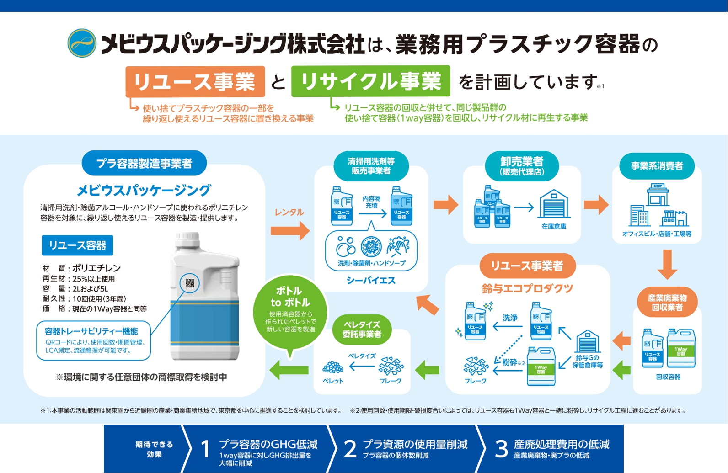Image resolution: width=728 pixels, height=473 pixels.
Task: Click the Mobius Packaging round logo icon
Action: tap(82, 43)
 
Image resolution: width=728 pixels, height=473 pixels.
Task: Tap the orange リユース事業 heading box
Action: tap(195, 81)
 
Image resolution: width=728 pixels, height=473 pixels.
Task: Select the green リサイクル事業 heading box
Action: tap(370, 81)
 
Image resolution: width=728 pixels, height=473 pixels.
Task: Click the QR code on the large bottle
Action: tap(190, 283)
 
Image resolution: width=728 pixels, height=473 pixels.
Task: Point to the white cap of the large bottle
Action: tap(187, 239)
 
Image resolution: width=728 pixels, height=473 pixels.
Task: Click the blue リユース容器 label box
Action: tap(77, 245)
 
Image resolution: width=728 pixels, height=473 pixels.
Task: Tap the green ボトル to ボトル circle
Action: tap(290, 313)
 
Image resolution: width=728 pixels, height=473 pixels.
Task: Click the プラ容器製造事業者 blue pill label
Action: tap(144, 163)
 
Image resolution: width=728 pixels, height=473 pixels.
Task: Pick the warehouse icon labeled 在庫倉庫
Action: tap(554, 205)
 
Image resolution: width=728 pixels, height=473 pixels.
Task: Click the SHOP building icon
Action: tap(657, 194)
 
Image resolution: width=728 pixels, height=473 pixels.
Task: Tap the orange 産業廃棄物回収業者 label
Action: tap(667, 303)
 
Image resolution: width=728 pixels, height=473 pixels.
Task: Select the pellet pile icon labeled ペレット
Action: tap(333, 367)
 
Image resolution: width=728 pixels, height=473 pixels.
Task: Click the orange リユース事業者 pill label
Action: tap(527, 266)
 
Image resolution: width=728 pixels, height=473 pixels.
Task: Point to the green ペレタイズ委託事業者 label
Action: tap(362, 329)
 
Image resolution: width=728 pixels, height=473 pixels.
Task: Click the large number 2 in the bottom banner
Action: tap(350, 449)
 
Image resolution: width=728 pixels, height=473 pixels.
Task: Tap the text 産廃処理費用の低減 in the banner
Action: tap(561, 444)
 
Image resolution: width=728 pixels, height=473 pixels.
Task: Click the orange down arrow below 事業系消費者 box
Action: tap(668, 264)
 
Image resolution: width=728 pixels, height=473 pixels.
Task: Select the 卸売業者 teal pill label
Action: tap(522, 166)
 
